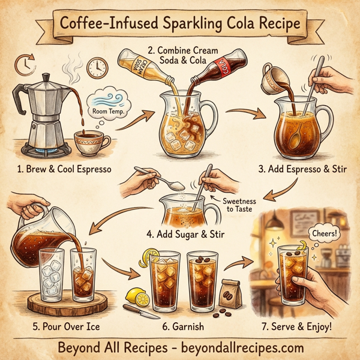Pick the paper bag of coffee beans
point(232,294)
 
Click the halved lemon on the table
point(136,295)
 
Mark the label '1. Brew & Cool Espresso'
point(64,169)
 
